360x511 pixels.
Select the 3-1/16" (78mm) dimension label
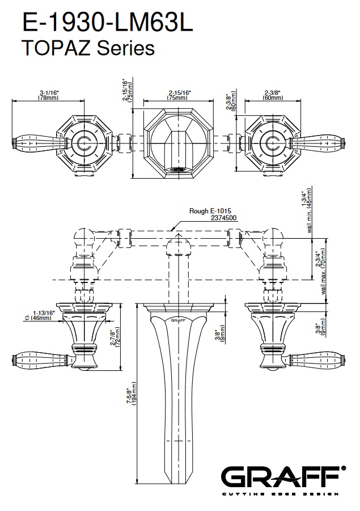49,95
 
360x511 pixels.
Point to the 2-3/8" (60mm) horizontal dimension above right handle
273,95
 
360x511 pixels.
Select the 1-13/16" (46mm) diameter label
40,315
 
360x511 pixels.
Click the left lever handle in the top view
35,141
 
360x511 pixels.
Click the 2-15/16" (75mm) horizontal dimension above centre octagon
179,95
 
